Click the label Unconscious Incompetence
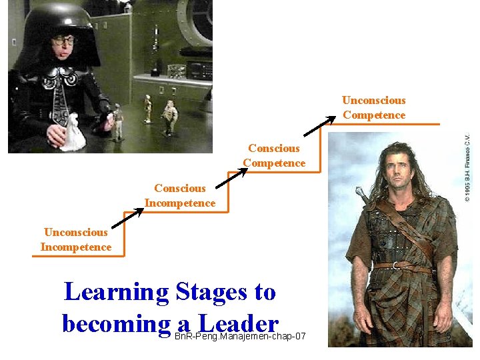click(75, 240)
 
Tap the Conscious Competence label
click(274, 155)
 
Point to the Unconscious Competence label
click(373, 108)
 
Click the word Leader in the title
click(233, 324)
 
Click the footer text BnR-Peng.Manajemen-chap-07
click(239, 336)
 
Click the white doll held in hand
click(73, 133)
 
